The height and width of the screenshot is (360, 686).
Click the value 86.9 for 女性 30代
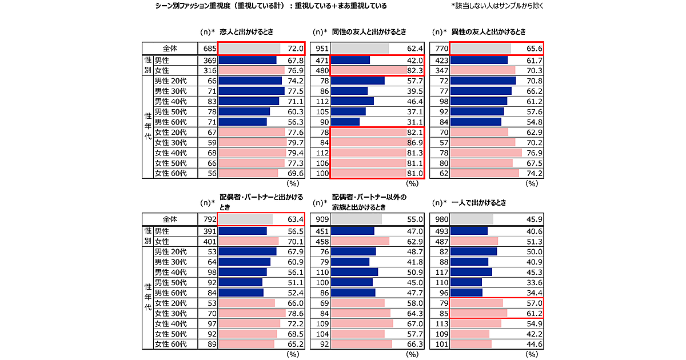point(414,143)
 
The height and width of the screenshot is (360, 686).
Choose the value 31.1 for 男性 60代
point(414,122)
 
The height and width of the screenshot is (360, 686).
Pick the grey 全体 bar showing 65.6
point(480,48)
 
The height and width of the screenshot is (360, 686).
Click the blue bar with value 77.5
point(252,91)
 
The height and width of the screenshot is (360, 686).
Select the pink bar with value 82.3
point(369,70)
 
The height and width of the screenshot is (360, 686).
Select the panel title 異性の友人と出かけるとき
point(488,32)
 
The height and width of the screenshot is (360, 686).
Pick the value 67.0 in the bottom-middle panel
point(414,323)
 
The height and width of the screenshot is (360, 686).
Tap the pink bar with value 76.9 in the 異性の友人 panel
point(486,153)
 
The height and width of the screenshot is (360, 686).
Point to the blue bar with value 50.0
point(473,251)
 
